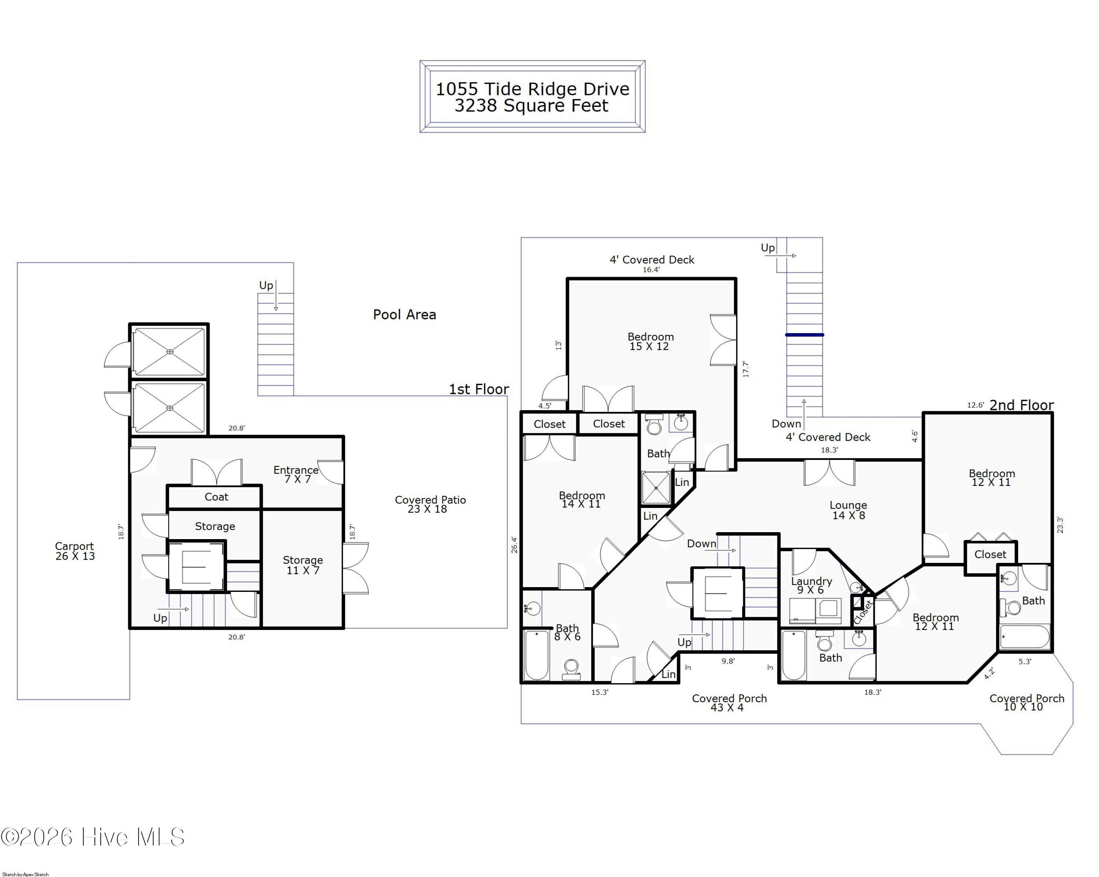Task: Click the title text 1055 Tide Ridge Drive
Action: pos(532,89)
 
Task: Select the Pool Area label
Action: pos(404,314)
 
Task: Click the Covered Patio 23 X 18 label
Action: pos(430,504)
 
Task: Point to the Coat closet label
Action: pos(216,497)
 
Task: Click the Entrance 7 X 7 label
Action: pos(296,474)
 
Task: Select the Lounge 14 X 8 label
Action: pos(848,510)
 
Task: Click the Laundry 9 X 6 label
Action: pos(811,585)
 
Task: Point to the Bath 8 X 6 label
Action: pos(567,632)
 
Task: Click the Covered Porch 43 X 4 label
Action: pos(729,703)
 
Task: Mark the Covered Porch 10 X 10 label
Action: pos(1026,702)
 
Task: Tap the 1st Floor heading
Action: pos(479,389)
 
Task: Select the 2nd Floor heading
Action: pos(1021,405)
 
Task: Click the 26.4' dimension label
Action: pos(514,545)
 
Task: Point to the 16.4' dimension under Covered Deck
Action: pos(651,270)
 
